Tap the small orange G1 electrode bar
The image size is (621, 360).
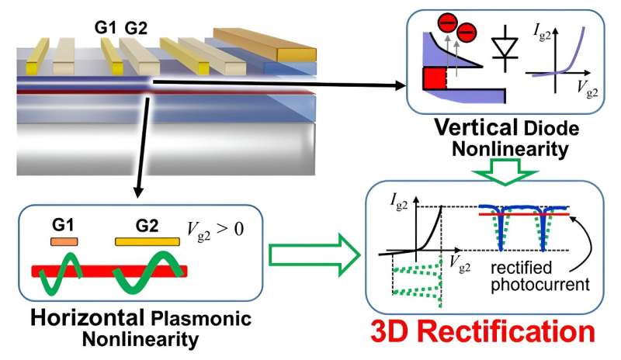tap(64, 242)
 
